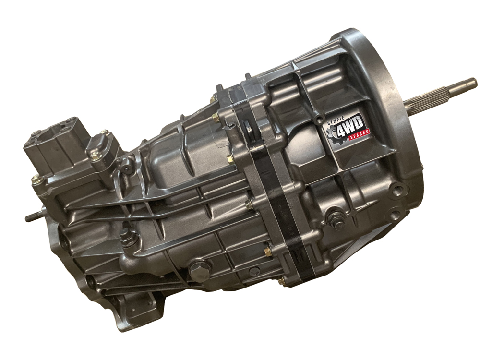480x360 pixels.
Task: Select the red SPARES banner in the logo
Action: click(x=360, y=135)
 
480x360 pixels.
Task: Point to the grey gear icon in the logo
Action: click(x=333, y=133)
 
